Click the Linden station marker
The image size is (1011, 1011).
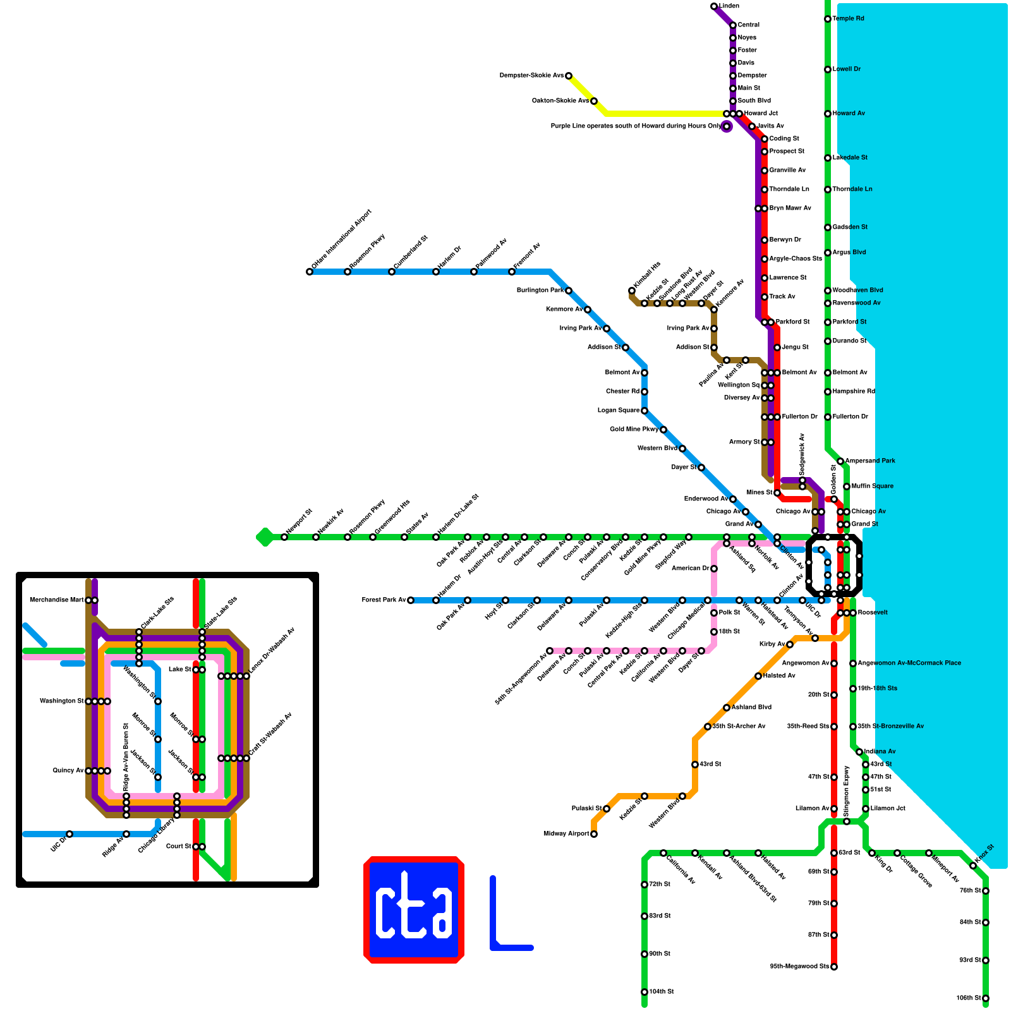(x=714, y=6)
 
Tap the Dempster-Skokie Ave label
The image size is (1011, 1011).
(x=531, y=76)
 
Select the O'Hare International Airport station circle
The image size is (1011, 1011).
(x=310, y=272)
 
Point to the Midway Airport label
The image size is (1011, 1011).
(x=566, y=834)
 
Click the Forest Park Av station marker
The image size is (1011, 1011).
(x=411, y=600)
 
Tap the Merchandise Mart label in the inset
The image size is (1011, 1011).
(x=56, y=600)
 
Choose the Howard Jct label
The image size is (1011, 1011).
(x=761, y=114)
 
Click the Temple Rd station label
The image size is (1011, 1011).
(x=848, y=19)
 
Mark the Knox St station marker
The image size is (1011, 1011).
(x=973, y=866)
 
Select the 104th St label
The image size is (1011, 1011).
(x=662, y=992)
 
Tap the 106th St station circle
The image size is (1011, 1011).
(x=986, y=998)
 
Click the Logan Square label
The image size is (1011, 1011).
(x=619, y=411)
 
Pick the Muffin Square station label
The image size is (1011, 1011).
(x=872, y=487)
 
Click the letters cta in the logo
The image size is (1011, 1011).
(x=414, y=911)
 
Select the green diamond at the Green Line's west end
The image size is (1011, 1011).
(x=265, y=537)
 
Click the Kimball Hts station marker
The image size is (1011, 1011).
(x=632, y=291)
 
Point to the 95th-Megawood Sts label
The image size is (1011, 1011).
(x=799, y=967)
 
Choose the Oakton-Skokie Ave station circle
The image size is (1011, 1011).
(x=594, y=101)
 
